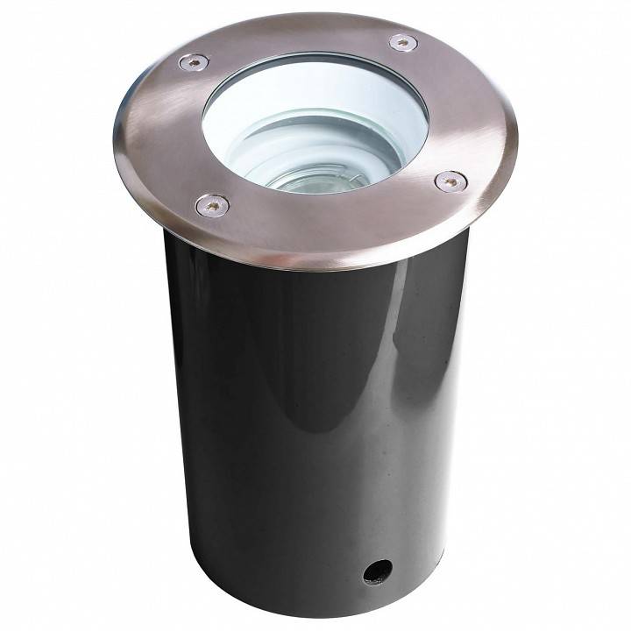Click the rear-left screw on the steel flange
(194, 62)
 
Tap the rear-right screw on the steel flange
(403, 42)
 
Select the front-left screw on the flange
(212, 206)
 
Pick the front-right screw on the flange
(450, 181)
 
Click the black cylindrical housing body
(263, 421)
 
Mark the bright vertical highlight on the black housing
(399, 368)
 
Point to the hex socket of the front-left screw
(212, 206)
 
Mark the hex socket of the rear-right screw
(403, 42)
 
